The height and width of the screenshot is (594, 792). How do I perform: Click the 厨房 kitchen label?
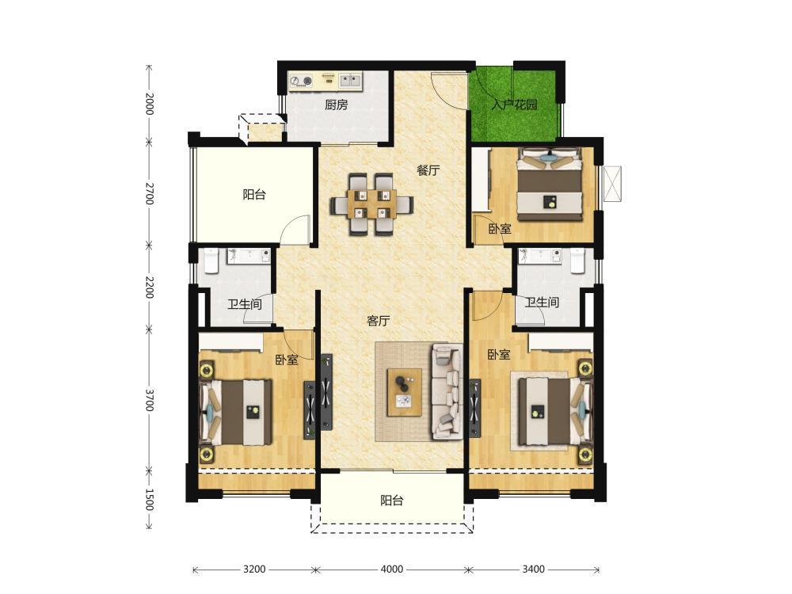[x=336, y=105]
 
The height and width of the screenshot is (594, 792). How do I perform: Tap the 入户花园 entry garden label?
[x=514, y=105]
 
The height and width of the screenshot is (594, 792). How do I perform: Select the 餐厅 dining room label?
[x=428, y=170]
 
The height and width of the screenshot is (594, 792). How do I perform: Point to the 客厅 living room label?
[x=379, y=321]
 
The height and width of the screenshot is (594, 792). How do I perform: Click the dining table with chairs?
[x=372, y=204]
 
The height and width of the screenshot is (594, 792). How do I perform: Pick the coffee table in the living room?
[x=404, y=393]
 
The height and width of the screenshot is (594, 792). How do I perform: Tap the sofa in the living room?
[x=447, y=391]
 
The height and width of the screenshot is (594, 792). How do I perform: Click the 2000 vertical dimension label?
[x=149, y=104]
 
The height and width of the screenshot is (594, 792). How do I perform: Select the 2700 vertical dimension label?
[x=149, y=193]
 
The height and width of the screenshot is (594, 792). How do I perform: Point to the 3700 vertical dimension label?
[x=149, y=399]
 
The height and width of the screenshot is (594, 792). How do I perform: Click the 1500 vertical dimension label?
[x=149, y=499]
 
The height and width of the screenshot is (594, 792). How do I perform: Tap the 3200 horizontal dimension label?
[x=254, y=569]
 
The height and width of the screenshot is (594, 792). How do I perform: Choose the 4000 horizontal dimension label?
[x=391, y=569]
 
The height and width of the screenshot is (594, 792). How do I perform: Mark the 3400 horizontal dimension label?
[x=533, y=569]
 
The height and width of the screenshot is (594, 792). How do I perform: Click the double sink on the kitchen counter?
[x=350, y=80]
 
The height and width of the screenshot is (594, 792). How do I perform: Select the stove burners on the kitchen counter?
[x=300, y=81]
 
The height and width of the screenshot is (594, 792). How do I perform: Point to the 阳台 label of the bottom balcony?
[x=392, y=501]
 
